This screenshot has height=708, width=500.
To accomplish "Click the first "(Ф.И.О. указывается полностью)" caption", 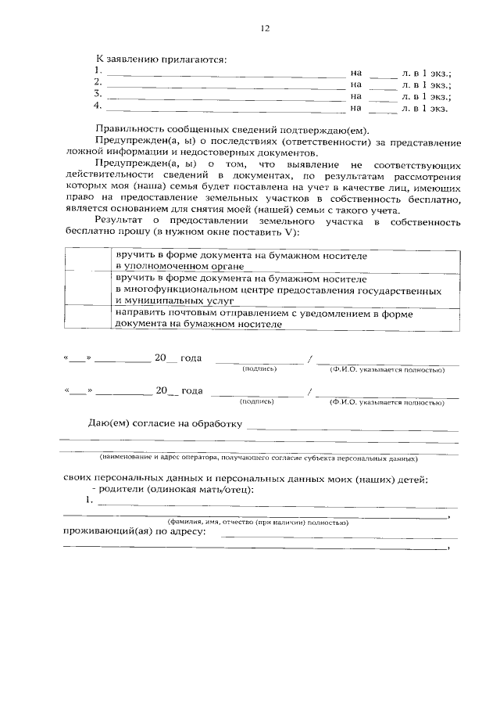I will click(387, 368).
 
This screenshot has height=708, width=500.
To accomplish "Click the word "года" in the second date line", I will click(191, 390).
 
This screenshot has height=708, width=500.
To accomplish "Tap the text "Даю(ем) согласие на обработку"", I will click(164, 424).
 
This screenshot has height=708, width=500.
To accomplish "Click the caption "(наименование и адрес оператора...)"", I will click(258, 457).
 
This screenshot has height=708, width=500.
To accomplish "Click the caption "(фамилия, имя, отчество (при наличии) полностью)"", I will click(257, 522).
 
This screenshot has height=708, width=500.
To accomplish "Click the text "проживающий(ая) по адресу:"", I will click(134, 532).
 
